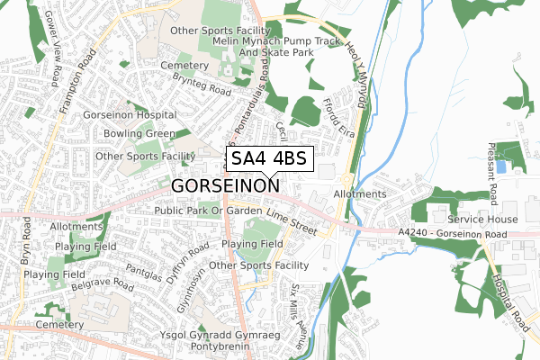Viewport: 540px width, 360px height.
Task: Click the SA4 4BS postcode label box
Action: pos(269,159)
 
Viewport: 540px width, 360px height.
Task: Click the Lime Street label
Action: pos(293,224)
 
